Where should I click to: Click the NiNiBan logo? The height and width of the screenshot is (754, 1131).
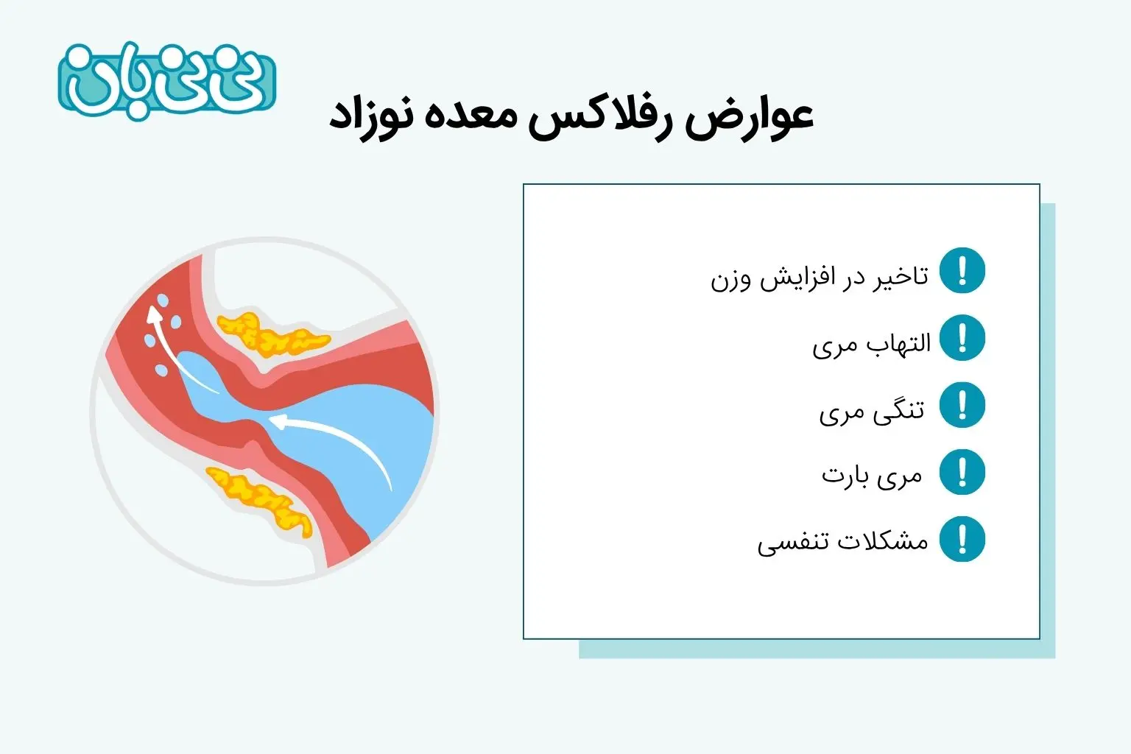pos(166,81)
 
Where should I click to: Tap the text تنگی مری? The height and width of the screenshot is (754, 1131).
pos(872,412)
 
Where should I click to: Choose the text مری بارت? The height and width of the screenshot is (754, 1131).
pos(872,476)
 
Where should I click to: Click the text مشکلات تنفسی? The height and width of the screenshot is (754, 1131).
pos(842,543)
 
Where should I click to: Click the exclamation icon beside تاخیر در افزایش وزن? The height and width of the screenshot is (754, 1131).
pos(962,270)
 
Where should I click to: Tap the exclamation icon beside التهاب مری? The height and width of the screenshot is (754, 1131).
pos(962,337)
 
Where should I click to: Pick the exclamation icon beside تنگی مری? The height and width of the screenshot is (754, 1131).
pos(962,404)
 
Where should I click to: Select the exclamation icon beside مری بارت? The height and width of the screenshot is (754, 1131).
pos(962,472)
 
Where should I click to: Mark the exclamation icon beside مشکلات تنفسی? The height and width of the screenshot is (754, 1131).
pos(962,539)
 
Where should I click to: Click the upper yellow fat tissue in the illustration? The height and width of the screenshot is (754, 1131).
pos(271,335)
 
